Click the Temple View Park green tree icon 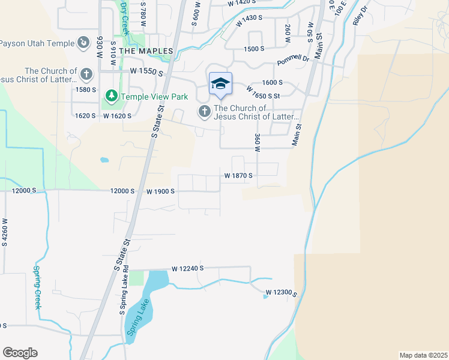pyautogui.click(x=111, y=96)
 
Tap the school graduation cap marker pyautogui.click(x=220, y=83)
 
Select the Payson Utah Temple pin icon pyautogui.click(x=83, y=43)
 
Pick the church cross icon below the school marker pyautogui.click(x=205, y=112)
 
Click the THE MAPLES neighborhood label pyautogui.click(x=146, y=52)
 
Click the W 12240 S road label pyautogui.click(x=188, y=268)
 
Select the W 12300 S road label pyautogui.click(x=281, y=292)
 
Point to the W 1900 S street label pyautogui.click(x=160, y=191)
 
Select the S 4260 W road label pyautogui.click(x=5, y=229)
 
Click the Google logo pyautogui.click(x=20, y=353)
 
